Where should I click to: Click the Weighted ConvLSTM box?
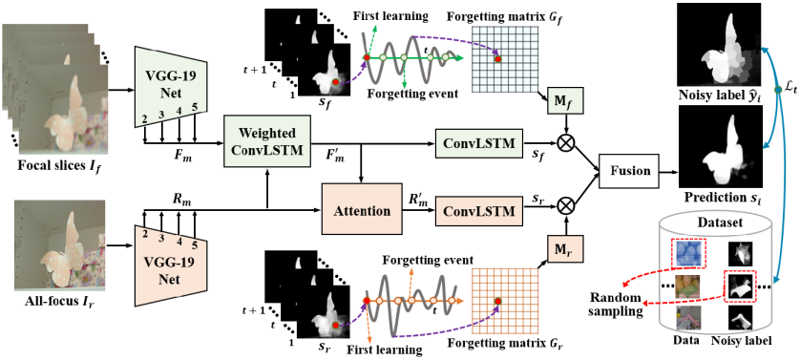click(x=267, y=141)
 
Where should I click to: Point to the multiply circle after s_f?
click(x=565, y=141)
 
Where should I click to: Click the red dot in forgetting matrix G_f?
click(x=498, y=59)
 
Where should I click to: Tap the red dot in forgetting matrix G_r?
click(x=498, y=301)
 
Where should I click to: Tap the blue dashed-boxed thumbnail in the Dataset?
click(x=687, y=254)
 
